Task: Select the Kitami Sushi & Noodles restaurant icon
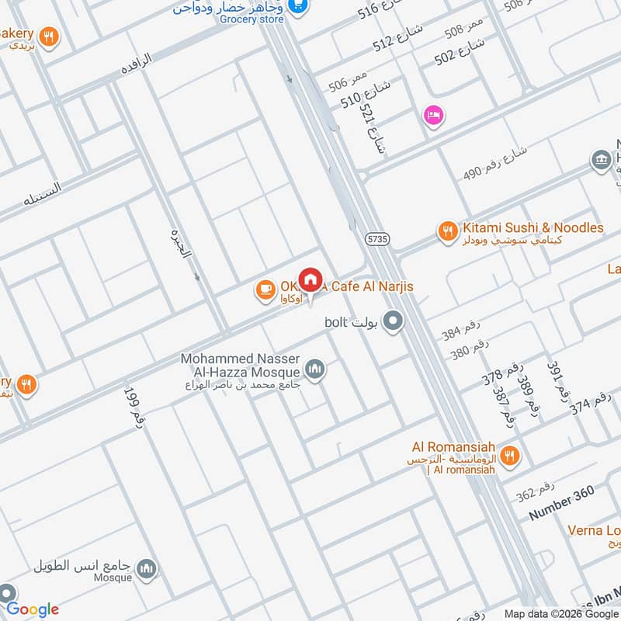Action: (x=446, y=231)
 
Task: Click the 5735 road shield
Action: (x=378, y=240)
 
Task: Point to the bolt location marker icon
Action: (x=394, y=321)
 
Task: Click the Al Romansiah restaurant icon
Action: (x=510, y=456)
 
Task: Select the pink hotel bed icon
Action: (x=433, y=116)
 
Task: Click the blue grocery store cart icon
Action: (x=297, y=6)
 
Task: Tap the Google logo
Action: (x=33, y=609)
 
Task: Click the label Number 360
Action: (x=561, y=503)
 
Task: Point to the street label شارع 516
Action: (x=380, y=10)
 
